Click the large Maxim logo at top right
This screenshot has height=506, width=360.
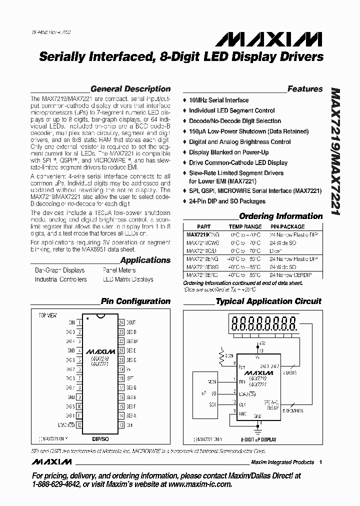(285, 39)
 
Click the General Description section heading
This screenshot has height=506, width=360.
(130, 89)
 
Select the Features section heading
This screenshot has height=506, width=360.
(304, 89)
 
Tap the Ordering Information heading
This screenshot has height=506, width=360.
(280, 216)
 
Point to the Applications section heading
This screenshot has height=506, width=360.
(145, 260)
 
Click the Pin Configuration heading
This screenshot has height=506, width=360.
(135, 301)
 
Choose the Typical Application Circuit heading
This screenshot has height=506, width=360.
(268, 301)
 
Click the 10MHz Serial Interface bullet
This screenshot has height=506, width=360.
(218, 100)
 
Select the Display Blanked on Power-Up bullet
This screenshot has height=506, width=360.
(228, 152)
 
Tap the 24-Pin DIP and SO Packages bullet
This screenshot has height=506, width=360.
(227, 201)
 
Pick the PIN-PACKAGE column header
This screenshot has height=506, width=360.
(287, 226)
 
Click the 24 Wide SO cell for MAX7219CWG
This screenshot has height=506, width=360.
(282, 242)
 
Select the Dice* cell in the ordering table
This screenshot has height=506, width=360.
(275, 250)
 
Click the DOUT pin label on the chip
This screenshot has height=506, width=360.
(130, 322)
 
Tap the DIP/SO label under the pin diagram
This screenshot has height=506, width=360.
(100, 438)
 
